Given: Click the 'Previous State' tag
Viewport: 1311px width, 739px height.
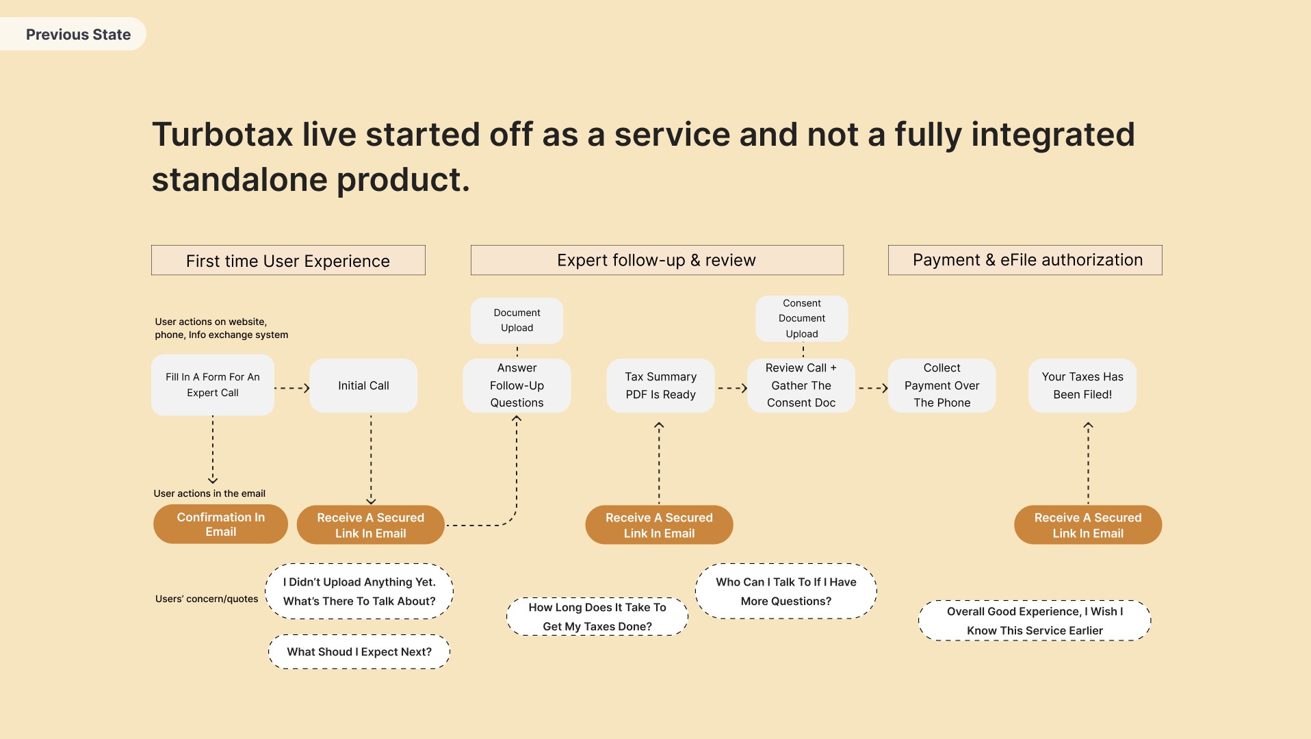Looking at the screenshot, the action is (x=73, y=34).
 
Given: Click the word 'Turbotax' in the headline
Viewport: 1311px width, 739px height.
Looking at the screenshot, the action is (x=222, y=134).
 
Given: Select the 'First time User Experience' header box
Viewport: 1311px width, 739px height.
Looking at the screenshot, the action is (x=288, y=260).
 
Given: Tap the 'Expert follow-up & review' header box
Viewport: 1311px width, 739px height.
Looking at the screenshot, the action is (x=657, y=260).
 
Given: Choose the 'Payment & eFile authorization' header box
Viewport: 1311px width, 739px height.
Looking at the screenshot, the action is (x=1025, y=260).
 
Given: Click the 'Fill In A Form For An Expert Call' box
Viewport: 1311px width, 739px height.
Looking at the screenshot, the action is (x=213, y=385).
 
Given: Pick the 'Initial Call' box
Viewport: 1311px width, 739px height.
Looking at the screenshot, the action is (x=363, y=385).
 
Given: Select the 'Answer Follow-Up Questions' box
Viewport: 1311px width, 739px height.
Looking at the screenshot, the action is (x=517, y=385).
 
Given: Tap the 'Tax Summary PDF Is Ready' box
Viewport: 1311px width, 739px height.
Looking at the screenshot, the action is (x=660, y=385).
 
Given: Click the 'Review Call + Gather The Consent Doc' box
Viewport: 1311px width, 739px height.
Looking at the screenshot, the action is (x=801, y=385).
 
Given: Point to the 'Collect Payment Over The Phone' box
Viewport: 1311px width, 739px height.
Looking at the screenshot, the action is (x=942, y=385).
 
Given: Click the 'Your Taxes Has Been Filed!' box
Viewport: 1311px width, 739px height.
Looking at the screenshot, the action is (x=1082, y=385).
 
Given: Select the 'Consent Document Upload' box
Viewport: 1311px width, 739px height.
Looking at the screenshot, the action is (x=802, y=318).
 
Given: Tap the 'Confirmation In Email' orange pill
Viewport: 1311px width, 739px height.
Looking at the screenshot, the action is (x=220, y=524).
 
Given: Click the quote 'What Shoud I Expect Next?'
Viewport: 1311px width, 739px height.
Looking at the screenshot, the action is (x=359, y=651).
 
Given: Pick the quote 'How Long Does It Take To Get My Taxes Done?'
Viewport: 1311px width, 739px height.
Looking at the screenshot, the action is (x=597, y=617).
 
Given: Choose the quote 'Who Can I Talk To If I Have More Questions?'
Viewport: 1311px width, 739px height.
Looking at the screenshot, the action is (x=786, y=591).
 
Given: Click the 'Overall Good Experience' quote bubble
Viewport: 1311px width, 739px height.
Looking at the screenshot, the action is (x=1035, y=621).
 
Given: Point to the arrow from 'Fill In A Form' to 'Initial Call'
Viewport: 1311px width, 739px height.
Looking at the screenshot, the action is (x=292, y=388).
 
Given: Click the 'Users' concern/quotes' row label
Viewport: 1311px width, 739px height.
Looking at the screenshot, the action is (x=207, y=599).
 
